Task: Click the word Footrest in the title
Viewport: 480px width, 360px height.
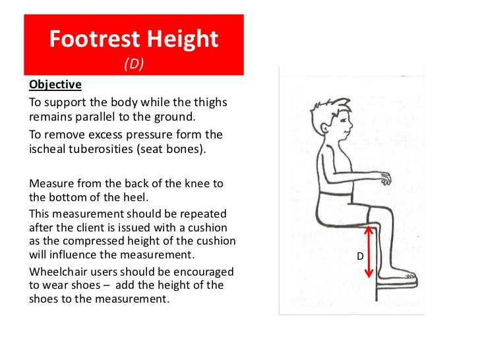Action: [94, 39]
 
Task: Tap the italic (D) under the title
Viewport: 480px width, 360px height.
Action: [134, 64]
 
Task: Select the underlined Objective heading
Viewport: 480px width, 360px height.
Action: [55, 85]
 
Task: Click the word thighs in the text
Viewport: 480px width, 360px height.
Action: [210, 102]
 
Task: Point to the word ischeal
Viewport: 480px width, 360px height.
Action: [47, 149]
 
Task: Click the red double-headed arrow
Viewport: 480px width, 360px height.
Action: [369, 252]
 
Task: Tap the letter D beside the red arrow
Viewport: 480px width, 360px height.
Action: [360, 256]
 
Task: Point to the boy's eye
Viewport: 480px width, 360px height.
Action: [343, 121]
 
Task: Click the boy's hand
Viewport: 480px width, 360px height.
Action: [385, 178]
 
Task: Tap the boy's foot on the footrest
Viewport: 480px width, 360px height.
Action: [397, 274]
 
